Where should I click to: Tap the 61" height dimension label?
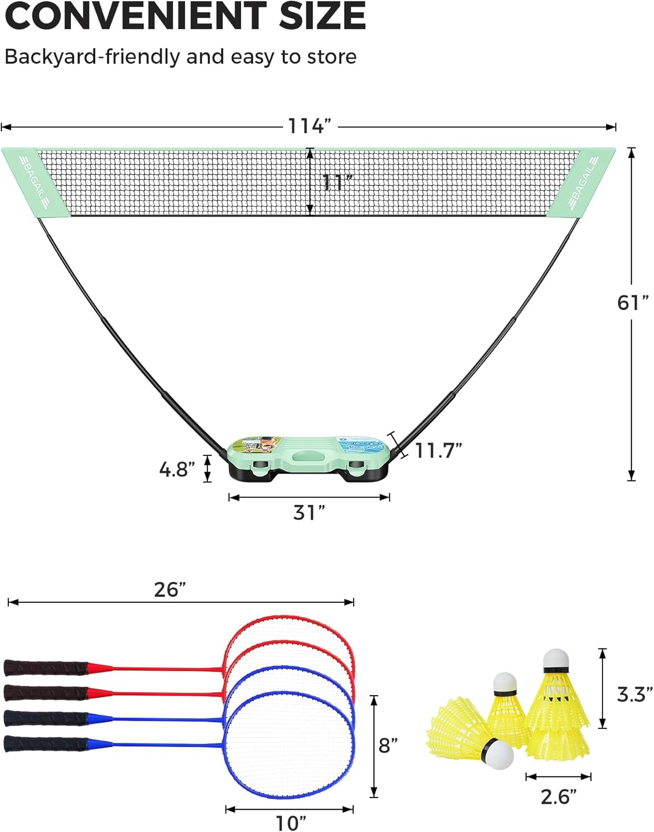click(632, 303)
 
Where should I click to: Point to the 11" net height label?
click(337, 182)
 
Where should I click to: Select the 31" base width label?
click(309, 513)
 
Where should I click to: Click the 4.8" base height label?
click(177, 469)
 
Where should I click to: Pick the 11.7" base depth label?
click(438, 450)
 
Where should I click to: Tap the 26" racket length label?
click(170, 590)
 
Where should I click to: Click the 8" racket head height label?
click(388, 746)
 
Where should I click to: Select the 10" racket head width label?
click(290, 823)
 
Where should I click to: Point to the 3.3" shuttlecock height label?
click(635, 694)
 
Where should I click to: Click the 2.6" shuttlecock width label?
click(559, 797)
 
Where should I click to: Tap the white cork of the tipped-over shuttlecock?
click(498, 754)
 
